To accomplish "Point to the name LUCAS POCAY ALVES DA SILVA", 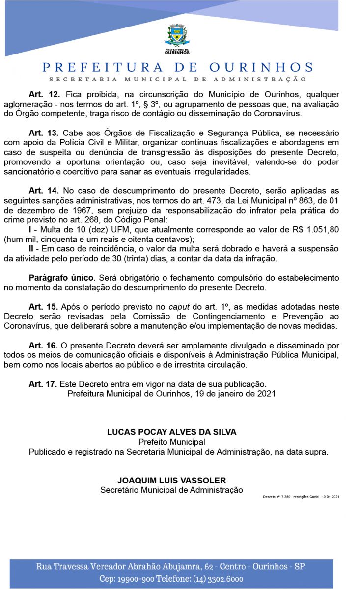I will pos(172,432).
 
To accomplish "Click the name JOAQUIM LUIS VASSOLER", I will pos(172,480).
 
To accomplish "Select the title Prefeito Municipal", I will pos(172,442).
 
